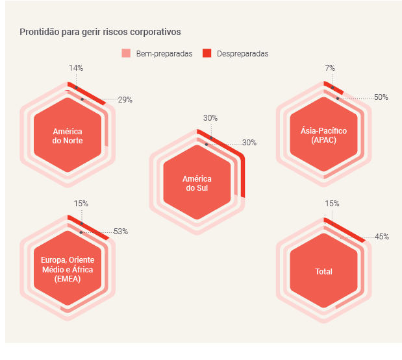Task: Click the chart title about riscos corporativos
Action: (x=100, y=31)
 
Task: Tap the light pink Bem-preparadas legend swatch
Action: (x=126, y=53)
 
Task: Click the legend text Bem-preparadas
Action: (x=164, y=54)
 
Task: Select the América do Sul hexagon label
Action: (x=197, y=184)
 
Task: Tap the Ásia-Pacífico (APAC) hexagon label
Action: (x=323, y=135)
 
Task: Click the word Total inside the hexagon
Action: (x=323, y=272)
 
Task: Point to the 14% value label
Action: (x=76, y=67)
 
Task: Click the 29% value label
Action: (x=125, y=100)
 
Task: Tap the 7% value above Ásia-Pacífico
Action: (x=330, y=67)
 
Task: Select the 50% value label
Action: (x=381, y=97)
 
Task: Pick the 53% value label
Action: (x=121, y=231)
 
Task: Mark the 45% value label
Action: (x=382, y=237)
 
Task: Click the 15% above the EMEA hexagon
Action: (x=81, y=203)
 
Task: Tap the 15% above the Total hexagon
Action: (x=332, y=203)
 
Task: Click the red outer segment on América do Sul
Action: (x=242, y=175)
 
